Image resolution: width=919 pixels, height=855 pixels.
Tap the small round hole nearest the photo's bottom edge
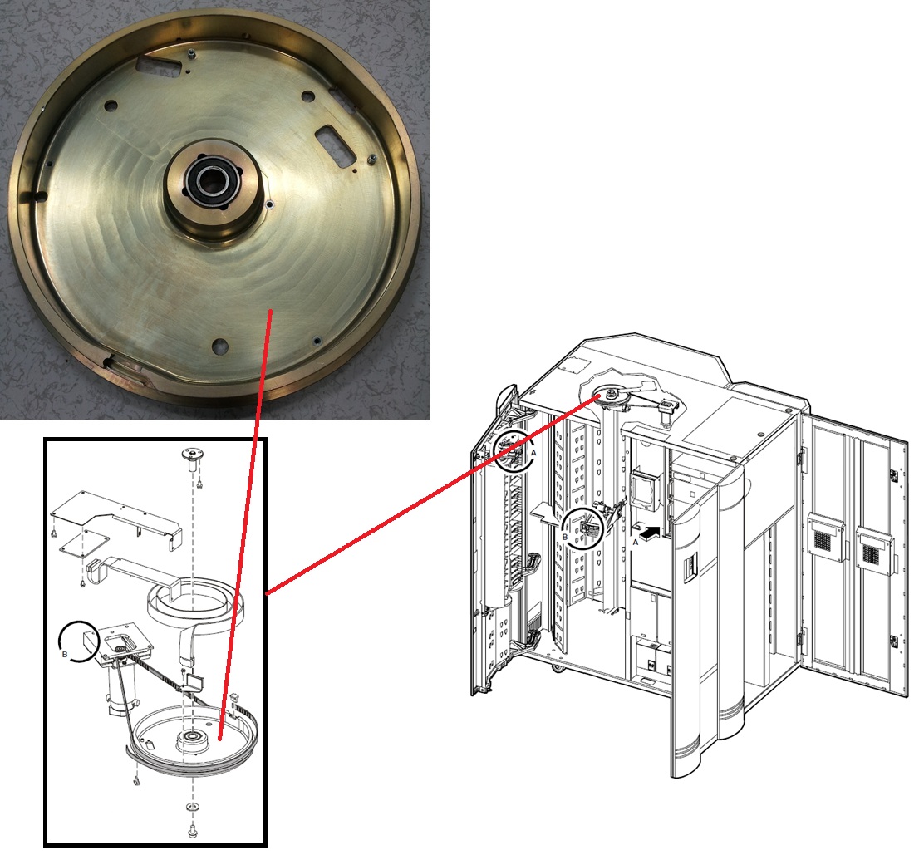pos(220,346)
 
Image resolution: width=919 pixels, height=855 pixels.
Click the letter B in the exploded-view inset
pos(65,654)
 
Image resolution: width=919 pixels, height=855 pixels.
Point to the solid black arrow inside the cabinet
pos(650,533)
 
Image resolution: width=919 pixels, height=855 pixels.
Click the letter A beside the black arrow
pos(636,543)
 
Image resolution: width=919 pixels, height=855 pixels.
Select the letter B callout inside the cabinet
pos(565,536)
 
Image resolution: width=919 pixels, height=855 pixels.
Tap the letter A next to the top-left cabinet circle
pos(533,453)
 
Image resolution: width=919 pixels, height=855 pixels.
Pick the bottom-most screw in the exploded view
pos(192,830)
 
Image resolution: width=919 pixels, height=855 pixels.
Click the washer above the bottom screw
pos(192,808)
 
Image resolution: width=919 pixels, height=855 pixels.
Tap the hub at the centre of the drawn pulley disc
pos(192,737)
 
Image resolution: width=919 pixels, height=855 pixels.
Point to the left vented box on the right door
pos(824,536)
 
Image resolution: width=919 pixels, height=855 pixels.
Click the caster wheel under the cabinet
pos(555,667)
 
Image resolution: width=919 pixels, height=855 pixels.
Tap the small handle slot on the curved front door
pos(690,567)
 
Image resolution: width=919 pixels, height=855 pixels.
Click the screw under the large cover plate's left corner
pos(54,533)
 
